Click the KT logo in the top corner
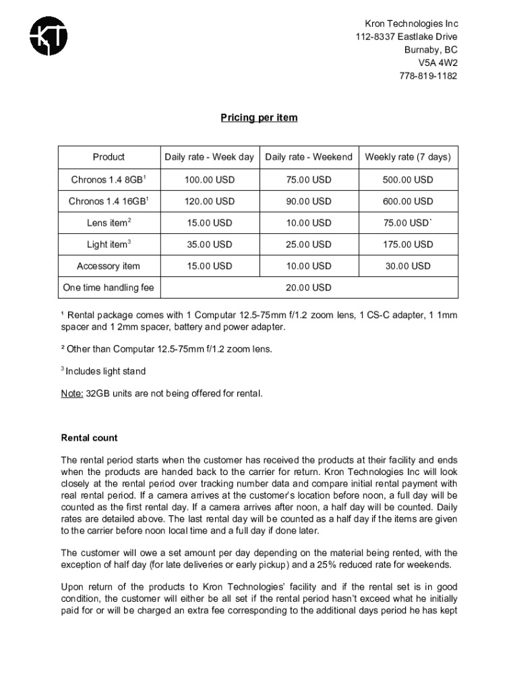(48, 36)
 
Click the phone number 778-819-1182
(427, 75)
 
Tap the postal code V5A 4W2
(437, 63)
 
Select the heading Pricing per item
(259, 118)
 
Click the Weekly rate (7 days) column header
(408, 157)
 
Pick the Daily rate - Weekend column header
(309, 157)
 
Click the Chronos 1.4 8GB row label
(109, 180)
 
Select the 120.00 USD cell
(209, 201)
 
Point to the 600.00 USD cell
(408, 201)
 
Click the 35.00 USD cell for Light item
(209, 245)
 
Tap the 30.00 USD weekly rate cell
(408, 266)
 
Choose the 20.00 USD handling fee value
(309, 288)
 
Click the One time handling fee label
(109, 288)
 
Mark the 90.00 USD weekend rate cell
(309, 201)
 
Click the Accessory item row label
(109, 266)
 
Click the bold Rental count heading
(90, 438)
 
